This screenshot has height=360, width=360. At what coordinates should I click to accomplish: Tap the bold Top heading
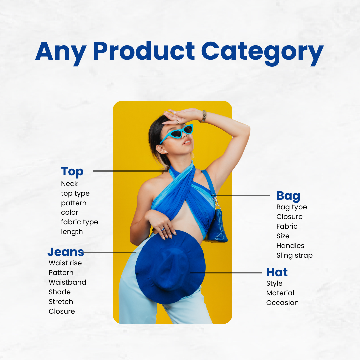tap(72, 172)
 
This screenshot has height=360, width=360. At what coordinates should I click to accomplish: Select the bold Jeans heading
tap(66, 252)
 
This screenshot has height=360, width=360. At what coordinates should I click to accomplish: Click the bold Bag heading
tap(288, 196)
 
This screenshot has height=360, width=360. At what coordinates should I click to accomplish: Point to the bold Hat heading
tap(277, 272)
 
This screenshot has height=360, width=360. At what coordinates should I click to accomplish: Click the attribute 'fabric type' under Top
tap(79, 222)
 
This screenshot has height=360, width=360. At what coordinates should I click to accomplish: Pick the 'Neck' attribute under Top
tap(69, 184)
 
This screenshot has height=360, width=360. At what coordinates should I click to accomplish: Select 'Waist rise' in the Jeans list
tap(65, 263)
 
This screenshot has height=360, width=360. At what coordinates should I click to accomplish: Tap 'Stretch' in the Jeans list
tap(61, 301)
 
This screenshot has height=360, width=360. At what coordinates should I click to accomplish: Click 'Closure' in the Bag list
tap(289, 217)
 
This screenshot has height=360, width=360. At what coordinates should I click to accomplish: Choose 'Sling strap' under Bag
tap(294, 256)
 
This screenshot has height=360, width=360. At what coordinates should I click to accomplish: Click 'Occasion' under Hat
tap(282, 303)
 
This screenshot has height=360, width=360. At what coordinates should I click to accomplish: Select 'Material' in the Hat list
tap(280, 293)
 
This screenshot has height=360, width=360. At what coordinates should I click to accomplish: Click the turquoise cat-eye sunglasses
tap(177, 133)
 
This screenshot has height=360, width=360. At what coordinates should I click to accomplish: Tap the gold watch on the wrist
tap(203, 117)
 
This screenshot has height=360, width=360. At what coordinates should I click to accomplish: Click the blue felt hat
tap(170, 267)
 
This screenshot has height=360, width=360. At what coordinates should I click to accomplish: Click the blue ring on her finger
tap(163, 229)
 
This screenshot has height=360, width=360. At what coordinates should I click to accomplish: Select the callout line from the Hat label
tap(226, 273)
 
